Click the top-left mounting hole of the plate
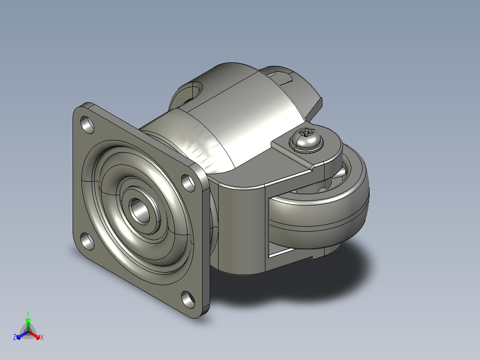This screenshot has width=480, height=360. coord(88,124)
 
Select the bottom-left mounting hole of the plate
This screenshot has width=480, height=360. coord(88,241)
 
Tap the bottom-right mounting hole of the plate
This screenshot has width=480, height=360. coord(188,299)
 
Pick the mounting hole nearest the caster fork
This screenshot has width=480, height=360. coord(188,183)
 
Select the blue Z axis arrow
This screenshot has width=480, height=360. coord(22,335)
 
